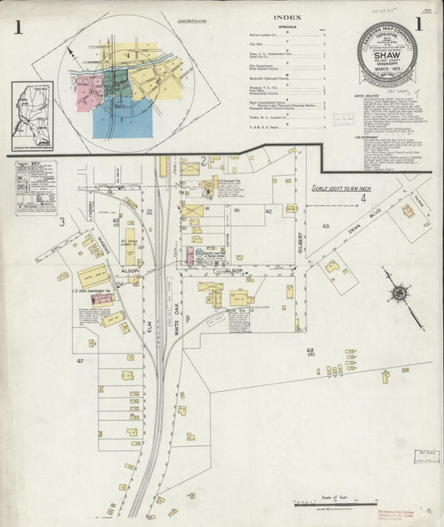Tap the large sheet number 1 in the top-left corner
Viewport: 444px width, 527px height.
click(17, 28)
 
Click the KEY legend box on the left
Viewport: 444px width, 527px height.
click(35, 188)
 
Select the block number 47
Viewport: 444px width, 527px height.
click(81, 360)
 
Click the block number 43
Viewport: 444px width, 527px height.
click(327, 226)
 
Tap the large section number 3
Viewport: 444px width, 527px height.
click(62, 222)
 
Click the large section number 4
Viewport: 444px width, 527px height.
click(363, 198)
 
